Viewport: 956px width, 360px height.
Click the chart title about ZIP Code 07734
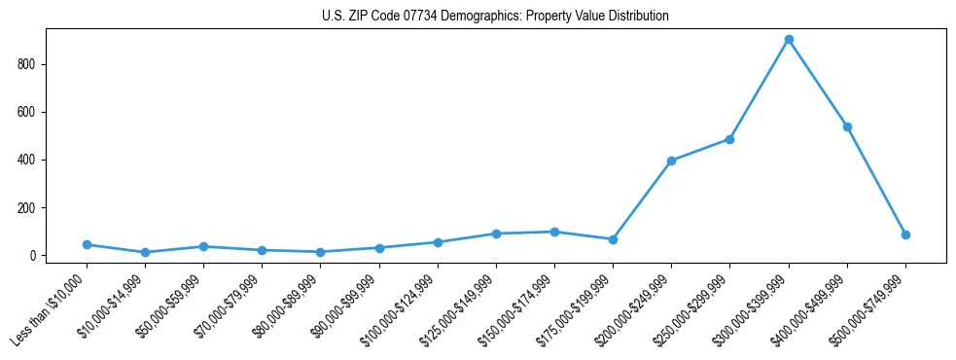pos(495,17)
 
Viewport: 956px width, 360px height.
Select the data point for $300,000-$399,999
pos(789,40)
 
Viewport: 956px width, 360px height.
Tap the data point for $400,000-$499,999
pos(847,126)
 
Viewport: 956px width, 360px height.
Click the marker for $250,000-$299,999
pos(729,139)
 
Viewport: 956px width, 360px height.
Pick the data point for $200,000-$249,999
pos(671,161)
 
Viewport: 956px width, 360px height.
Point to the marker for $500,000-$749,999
pos(905,234)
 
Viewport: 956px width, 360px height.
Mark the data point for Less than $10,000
pos(87,244)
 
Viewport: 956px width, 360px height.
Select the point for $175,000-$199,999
pos(613,239)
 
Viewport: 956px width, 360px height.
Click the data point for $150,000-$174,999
pos(554,232)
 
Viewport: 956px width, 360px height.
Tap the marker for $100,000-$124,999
pos(438,242)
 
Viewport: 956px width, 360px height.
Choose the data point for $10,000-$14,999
pos(145,252)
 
